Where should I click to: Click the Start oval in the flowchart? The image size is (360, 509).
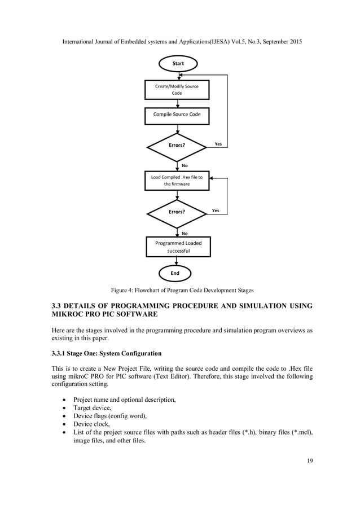pos(178,63)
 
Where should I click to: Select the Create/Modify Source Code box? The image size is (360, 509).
pos(177,89)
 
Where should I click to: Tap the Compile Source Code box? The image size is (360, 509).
pos(177,114)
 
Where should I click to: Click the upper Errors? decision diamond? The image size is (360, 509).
pos(177,146)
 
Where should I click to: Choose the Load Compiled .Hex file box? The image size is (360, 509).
pos(177,181)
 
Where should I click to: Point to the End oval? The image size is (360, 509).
pos(175,273)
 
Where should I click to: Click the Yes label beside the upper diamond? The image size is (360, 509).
pos(218,144)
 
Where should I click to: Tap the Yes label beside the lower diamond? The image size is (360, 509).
pos(216,210)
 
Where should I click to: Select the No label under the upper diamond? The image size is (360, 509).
pos(184,165)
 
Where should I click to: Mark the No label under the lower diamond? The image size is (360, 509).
pos(184,232)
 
